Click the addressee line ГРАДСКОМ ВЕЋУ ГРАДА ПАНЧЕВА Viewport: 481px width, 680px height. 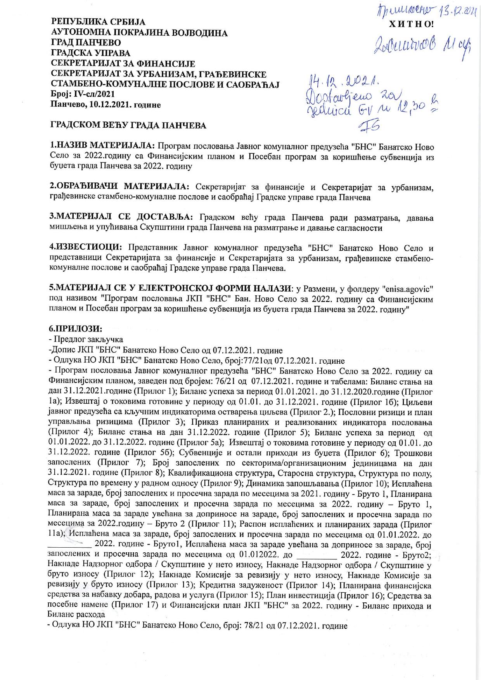(128, 126)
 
